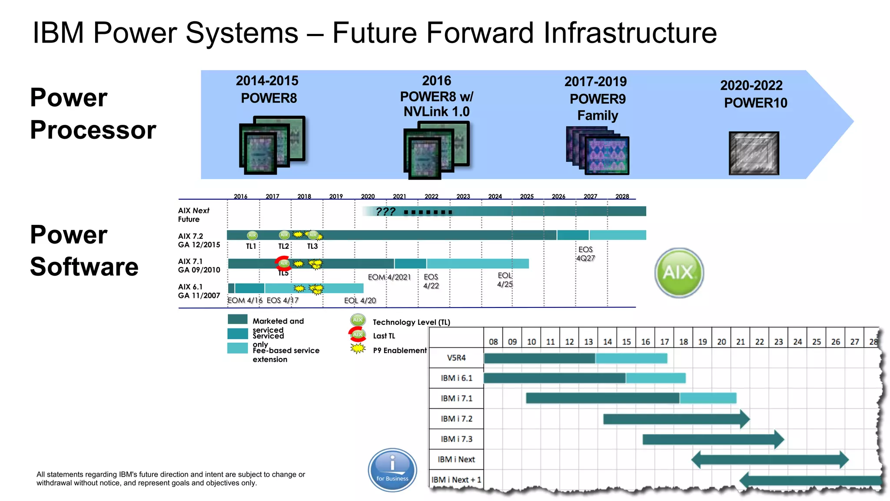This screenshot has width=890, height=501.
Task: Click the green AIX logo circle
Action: click(679, 273)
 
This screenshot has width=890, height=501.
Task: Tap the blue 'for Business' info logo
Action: click(392, 470)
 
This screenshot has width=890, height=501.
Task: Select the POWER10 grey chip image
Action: click(754, 154)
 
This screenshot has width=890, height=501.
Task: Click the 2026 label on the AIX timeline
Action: click(558, 197)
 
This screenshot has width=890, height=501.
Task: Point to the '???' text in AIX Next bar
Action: click(385, 211)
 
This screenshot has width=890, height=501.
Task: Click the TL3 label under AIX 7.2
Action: click(312, 246)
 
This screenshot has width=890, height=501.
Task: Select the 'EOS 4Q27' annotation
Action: click(585, 254)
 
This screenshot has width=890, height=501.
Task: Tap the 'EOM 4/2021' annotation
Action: click(389, 277)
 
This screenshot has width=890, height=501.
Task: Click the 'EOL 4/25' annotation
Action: click(505, 280)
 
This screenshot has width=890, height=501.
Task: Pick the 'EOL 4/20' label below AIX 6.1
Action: click(360, 301)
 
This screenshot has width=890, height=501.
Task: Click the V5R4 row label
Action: click(456, 358)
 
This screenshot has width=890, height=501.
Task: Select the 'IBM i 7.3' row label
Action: click(456, 439)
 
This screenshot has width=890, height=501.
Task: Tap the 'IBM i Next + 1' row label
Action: click(456, 480)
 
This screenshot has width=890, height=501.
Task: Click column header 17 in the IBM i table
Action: click(664, 342)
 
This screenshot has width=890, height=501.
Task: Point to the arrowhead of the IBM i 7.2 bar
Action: click(745, 419)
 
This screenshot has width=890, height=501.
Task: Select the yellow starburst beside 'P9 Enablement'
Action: click(358, 349)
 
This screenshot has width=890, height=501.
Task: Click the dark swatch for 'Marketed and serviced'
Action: click(237, 320)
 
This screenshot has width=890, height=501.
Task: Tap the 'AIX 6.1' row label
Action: click(190, 287)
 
